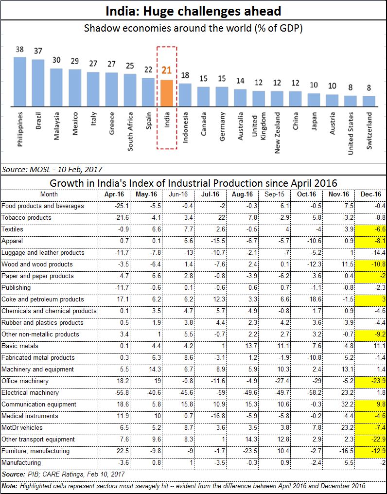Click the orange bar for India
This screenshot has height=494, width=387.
(167, 93)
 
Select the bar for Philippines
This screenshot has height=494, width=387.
(20, 82)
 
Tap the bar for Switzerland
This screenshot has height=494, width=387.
(369, 101)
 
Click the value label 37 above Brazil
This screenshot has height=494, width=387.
(38, 52)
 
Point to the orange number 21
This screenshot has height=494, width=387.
(167, 70)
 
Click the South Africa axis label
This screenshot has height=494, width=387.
(130, 132)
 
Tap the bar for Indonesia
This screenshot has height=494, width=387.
(185, 95)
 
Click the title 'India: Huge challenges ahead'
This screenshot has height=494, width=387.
(193, 11)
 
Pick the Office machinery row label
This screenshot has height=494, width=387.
(25, 381)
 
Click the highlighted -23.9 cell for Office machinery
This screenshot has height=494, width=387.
(370, 381)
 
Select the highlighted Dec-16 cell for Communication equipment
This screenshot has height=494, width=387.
(370, 404)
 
